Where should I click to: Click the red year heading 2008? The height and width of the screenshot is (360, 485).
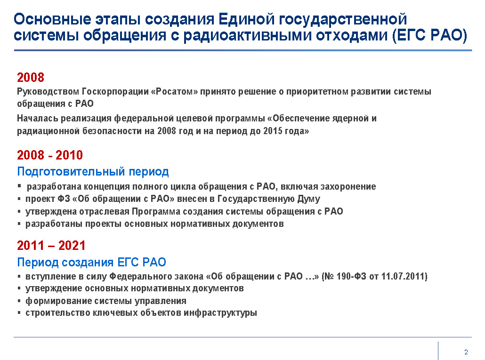(x=31, y=77)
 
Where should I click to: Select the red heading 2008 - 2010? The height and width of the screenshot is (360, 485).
(x=50, y=155)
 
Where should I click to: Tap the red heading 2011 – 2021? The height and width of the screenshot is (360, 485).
(x=51, y=245)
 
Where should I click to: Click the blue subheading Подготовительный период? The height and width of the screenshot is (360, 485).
(x=93, y=171)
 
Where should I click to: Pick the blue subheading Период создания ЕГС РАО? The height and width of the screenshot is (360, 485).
(x=91, y=262)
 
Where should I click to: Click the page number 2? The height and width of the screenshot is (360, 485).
(x=466, y=352)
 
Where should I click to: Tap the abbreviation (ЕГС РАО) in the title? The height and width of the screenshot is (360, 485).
(x=429, y=35)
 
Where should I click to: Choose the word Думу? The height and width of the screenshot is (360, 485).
(x=309, y=199)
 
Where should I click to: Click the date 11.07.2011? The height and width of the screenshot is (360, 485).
(x=403, y=276)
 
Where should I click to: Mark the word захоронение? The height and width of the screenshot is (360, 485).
(x=348, y=187)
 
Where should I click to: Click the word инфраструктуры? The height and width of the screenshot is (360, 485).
(x=220, y=313)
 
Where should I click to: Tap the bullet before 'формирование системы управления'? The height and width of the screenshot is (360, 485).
(x=19, y=301)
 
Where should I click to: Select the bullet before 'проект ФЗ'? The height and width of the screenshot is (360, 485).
(x=19, y=199)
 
